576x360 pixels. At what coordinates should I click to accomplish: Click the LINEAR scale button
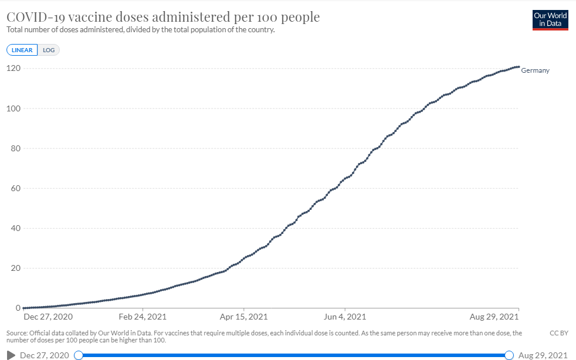22,50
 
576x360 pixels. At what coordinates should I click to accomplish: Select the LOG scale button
49,50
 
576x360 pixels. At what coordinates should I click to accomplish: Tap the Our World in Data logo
550,20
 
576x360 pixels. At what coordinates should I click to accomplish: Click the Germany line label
535,71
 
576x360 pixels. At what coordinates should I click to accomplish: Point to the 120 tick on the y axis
14,69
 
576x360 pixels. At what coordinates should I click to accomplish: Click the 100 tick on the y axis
14,108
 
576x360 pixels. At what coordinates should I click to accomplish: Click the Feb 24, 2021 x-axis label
143,317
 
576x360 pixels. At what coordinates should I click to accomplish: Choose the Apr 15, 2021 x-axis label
244,317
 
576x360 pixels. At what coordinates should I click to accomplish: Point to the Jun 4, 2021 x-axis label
345,317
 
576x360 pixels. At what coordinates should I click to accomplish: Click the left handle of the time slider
79,355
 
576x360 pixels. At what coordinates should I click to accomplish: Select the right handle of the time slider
509,355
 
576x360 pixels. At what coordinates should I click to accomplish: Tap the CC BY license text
558,333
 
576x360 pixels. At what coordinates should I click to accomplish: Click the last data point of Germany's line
519,67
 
